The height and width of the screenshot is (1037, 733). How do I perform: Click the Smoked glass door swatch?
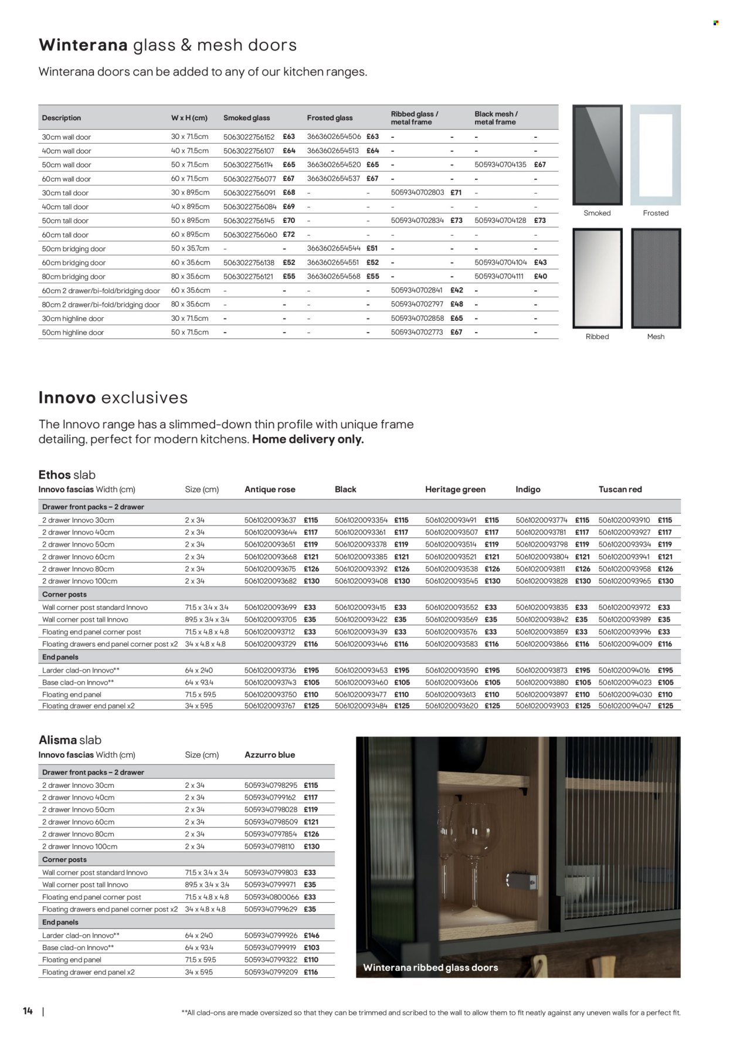coord(597,155)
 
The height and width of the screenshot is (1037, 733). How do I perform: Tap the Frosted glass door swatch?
coord(655,155)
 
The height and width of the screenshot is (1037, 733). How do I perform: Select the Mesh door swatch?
coord(656,278)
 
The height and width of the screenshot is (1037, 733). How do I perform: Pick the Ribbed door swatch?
coord(597,278)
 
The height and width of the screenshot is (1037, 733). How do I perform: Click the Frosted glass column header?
coord(330,118)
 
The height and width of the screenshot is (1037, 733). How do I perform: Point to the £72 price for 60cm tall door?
coord(289,235)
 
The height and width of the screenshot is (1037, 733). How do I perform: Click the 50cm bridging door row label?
coord(74,249)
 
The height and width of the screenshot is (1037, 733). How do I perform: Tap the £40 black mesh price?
coord(540,276)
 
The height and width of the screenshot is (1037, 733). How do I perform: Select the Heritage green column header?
coord(455,489)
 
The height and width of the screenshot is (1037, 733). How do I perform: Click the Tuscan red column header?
coord(620,489)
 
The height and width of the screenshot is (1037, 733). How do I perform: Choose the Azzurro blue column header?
coord(269,755)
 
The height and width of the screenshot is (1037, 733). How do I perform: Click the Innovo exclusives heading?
coord(113,398)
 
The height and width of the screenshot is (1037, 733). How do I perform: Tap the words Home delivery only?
coord(308,439)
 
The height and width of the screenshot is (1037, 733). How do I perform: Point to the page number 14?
coord(28,1011)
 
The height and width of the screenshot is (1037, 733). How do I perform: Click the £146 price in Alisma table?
coord(311,936)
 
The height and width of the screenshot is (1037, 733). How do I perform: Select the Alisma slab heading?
coord(70,740)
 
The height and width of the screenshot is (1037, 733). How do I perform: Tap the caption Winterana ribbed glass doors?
coord(430,968)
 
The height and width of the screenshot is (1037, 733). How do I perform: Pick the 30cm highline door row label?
coord(73,318)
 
